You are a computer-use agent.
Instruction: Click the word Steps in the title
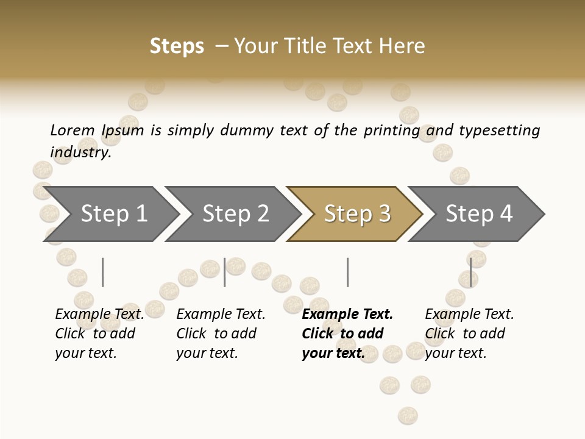click(177, 46)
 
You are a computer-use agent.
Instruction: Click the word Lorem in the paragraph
click(72, 130)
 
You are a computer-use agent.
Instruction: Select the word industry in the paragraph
click(80, 152)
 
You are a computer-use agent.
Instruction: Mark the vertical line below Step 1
click(102, 272)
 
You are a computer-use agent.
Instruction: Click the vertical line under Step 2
click(225, 272)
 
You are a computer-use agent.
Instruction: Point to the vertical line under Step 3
click(347, 272)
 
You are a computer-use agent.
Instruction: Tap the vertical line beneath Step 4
click(470, 272)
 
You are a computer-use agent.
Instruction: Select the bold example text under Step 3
click(347, 334)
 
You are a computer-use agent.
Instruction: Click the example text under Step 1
click(99, 334)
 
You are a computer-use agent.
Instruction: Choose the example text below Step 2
click(221, 334)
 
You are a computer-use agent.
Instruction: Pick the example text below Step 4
click(469, 334)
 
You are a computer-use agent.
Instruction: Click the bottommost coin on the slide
click(408, 416)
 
